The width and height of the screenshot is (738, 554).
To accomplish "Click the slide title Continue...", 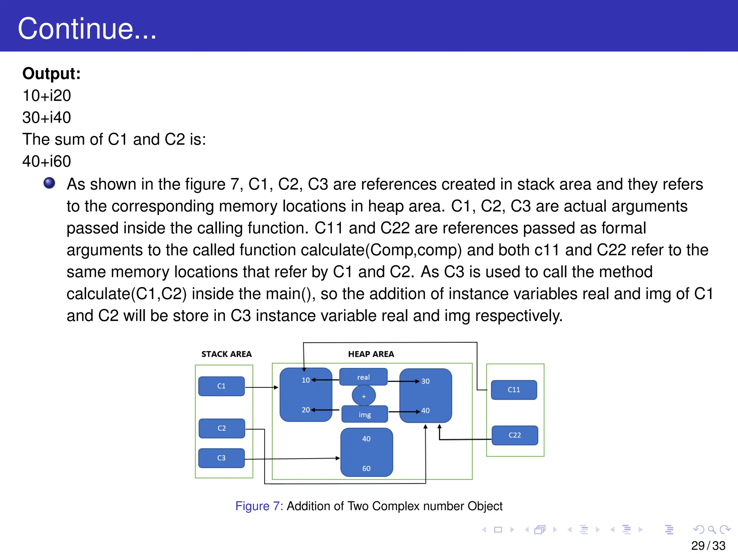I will pyautogui.click(x=87, y=29).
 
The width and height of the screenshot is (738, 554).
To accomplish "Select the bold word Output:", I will pyautogui.click(x=52, y=74).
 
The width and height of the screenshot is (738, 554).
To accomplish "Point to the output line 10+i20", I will pyautogui.click(x=47, y=96).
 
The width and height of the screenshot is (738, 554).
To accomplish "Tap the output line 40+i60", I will pyautogui.click(x=47, y=161).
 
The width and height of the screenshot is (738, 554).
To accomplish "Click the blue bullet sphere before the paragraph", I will pyautogui.click(x=49, y=183).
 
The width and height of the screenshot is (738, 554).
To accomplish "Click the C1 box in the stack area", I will pyautogui.click(x=222, y=386).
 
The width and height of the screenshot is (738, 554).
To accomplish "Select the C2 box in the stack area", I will pyautogui.click(x=222, y=428).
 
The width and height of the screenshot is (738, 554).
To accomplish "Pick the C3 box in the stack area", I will pyautogui.click(x=222, y=458).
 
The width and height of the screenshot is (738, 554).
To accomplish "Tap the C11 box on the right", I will pyautogui.click(x=514, y=390).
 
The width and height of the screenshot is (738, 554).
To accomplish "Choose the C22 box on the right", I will pyautogui.click(x=515, y=435).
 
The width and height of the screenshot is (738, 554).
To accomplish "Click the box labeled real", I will pyautogui.click(x=363, y=377).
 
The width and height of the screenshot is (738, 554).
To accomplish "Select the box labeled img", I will pyautogui.click(x=365, y=415).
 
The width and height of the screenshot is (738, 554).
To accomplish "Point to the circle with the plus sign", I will pyautogui.click(x=364, y=396).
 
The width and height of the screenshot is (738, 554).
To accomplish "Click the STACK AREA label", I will pyautogui.click(x=226, y=354).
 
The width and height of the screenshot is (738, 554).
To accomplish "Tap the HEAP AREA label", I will pyautogui.click(x=371, y=354).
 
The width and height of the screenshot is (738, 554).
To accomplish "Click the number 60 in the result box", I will pyautogui.click(x=366, y=469).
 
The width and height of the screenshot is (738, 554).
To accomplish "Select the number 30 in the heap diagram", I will pyautogui.click(x=426, y=381).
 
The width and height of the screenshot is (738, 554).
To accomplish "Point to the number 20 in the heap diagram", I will pyautogui.click(x=306, y=410).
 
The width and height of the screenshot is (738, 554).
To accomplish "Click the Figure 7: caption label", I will pyautogui.click(x=259, y=506).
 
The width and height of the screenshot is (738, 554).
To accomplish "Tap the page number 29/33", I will pyautogui.click(x=708, y=546).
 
